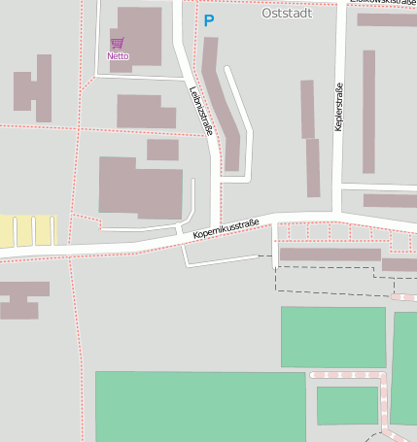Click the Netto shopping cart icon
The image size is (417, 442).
point(117,43)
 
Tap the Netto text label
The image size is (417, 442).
point(118,56)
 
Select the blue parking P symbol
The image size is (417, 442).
point(208,19)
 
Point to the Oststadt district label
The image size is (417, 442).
point(287,14)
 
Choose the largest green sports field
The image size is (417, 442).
point(199,406)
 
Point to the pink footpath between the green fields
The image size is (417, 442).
point(348,374)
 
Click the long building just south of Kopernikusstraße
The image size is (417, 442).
point(330,255)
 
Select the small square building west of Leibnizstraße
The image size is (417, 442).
point(162,150)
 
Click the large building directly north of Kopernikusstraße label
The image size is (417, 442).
point(140,187)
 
